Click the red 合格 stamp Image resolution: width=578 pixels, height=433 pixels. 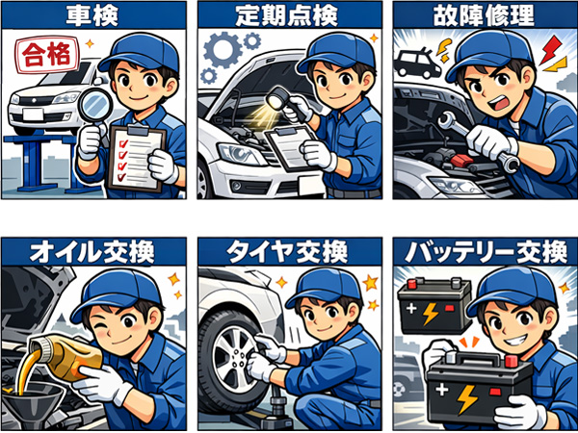pos(47,55)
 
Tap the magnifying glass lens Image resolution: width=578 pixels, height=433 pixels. pos(96,105)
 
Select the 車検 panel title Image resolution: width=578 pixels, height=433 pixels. pos(92,15)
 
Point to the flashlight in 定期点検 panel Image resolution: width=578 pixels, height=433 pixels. pos(284,103)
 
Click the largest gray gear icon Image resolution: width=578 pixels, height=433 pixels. pos(222,49)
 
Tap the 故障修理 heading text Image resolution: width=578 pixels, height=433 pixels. pos(484,15)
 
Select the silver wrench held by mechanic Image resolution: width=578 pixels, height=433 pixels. pos(478,140)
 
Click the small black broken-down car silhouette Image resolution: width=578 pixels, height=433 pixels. pos(417,64)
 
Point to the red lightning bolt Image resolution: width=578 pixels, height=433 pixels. pos(550,49)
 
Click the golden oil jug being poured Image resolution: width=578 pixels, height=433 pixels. pos(67,356)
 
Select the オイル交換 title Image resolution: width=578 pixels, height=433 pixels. pos(92,252)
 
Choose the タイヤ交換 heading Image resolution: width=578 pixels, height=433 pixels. pos(287,252)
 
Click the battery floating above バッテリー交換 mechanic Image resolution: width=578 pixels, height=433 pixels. pos(435,306)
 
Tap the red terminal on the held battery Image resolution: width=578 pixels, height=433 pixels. pos(511,362)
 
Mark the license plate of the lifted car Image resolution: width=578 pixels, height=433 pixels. pos(33,115)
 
